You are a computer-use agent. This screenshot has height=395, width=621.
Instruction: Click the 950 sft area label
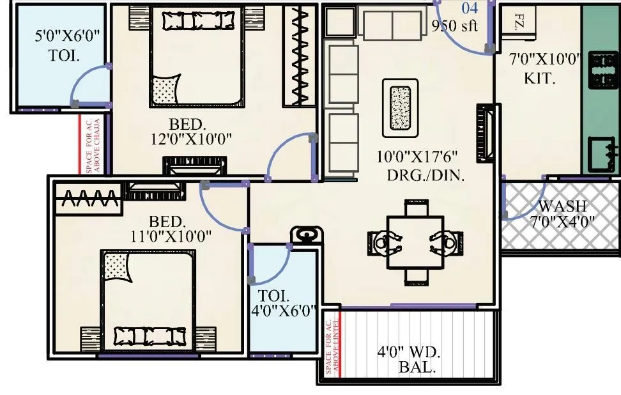click(x=454, y=26)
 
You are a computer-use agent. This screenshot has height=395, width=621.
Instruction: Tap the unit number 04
click(x=470, y=8)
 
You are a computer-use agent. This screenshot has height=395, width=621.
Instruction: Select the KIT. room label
click(x=540, y=79)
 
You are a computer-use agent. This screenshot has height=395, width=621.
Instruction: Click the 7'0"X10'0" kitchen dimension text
click(x=544, y=61)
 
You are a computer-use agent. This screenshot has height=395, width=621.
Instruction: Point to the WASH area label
click(x=562, y=207)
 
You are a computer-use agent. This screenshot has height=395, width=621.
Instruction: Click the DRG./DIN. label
click(x=425, y=175)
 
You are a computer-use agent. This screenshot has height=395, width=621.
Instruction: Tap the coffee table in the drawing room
click(x=401, y=107)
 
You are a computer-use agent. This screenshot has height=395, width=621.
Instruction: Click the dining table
click(x=416, y=242)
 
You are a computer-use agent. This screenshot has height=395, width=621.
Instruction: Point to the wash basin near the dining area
click(x=303, y=235)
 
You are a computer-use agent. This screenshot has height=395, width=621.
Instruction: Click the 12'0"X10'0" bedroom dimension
click(x=191, y=138)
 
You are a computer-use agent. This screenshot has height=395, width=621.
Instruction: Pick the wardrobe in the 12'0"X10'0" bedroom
click(x=300, y=56)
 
